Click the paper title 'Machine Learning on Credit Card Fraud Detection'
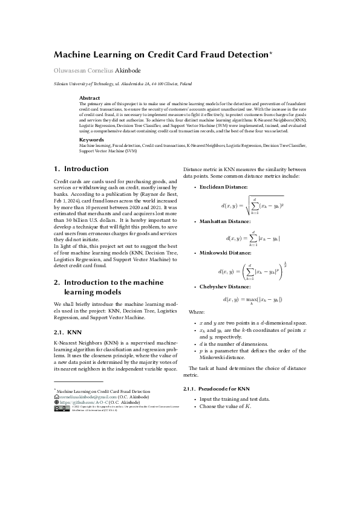pyautogui.click(x=160, y=54)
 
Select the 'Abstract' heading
pyautogui.click(x=90, y=97)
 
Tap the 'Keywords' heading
pyautogui.click(x=92, y=139)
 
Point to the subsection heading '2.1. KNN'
pyautogui.click(x=67, y=332)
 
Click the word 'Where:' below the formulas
pyautogui.click(x=197, y=311)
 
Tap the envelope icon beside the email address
pyautogui.click(x=56, y=397)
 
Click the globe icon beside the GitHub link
pyautogui.click(x=56, y=401)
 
